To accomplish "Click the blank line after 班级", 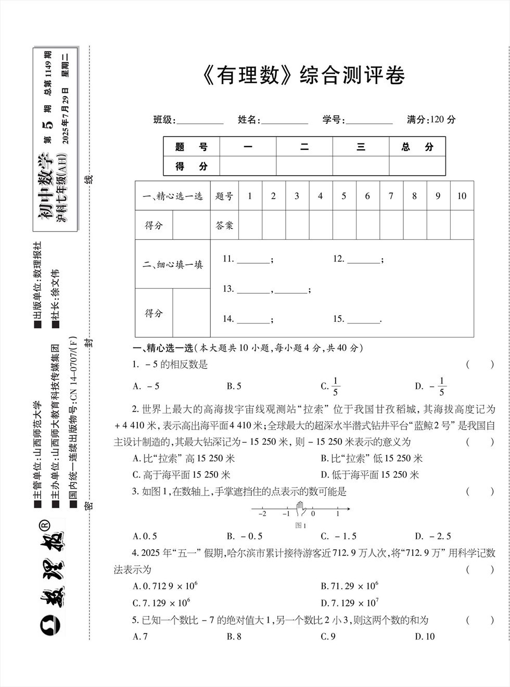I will (200, 121).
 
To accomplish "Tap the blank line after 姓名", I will (284, 121).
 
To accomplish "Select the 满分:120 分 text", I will (431, 120).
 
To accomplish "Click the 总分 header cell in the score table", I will (417, 147).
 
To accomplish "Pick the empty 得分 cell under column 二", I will (304, 166).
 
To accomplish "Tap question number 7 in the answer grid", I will (391, 196).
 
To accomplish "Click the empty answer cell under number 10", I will (462, 225).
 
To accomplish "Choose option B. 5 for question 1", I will (234, 386).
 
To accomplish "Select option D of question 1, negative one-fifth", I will (432, 386).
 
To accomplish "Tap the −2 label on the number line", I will (262, 514).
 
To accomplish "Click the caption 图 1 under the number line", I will (300, 525).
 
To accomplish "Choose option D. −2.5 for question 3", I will (433, 536).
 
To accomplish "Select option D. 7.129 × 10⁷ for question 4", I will (350, 603).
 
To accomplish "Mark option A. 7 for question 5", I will (141, 637).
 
